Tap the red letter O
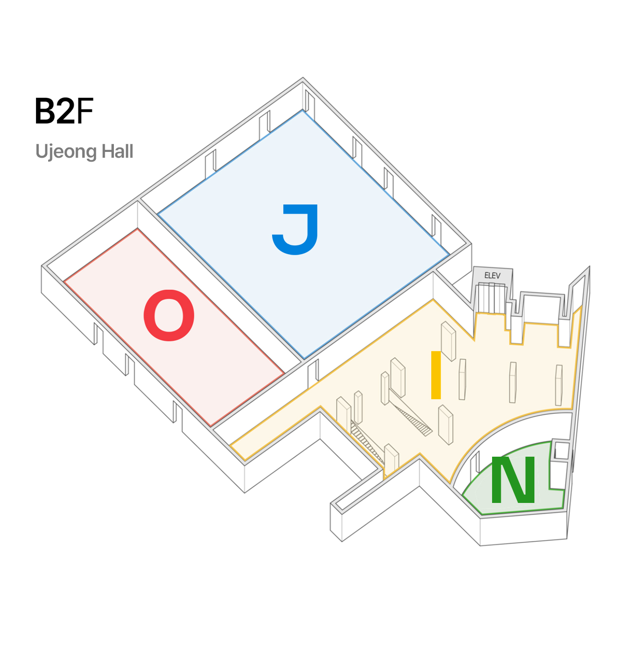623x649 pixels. [x=169, y=315]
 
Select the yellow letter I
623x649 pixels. [x=436, y=375]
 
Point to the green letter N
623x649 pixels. [x=513, y=480]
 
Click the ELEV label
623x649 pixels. [x=492, y=276]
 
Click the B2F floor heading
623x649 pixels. [x=64, y=111]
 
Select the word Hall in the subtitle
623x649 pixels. [x=117, y=151]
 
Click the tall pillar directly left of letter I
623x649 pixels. [x=398, y=378]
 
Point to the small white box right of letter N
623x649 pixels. [x=561, y=450]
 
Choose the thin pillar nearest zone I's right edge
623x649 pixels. [x=559, y=385]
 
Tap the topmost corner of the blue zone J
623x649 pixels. [x=302, y=111]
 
